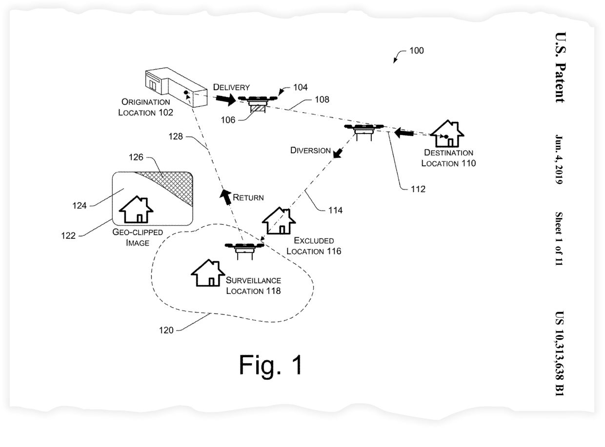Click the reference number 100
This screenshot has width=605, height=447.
[x=416, y=50]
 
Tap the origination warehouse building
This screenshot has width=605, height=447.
[x=176, y=87]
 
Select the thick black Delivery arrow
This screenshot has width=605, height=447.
[x=226, y=99]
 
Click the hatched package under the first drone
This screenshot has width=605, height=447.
[x=258, y=109]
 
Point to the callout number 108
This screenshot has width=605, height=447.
[x=322, y=99]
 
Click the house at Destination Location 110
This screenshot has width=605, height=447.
[x=447, y=134]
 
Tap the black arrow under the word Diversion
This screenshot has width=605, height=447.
[x=338, y=153]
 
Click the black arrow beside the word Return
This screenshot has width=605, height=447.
[x=225, y=196]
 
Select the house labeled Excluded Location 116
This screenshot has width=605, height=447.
[x=279, y=220]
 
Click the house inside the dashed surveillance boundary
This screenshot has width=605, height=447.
[x=208, y=272]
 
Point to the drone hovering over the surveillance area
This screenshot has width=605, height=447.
[x=244, y=251]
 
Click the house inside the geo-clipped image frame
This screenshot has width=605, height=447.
[x=136, y=209]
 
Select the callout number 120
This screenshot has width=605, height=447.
[x=166, y=330]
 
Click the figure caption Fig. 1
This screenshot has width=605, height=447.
[x=271, y=365]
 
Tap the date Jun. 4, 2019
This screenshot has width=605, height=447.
[x=559, y=159]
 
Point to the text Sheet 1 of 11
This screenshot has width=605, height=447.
[x=559, y=238]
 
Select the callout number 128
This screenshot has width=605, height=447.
[x=175, y=136]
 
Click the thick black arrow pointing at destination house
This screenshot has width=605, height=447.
[x=404, y=133]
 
